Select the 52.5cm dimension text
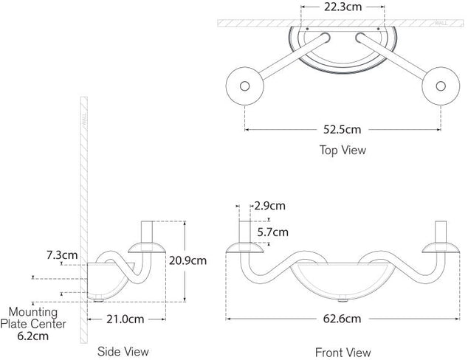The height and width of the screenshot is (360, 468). pyautogui.click(x=342, y=130)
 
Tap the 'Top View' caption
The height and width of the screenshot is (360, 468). pyautogui.click(x=343, y=150)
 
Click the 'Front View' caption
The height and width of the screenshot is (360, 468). pyautogui.click(x=343, y=353)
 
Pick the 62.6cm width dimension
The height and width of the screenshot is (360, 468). pyautogui.click(x=342, y=319)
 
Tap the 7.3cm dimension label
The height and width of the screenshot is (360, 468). pyautogui.click(x=62, y=255)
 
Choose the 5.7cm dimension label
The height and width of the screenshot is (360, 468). pyautogui.click(x=272, y=232)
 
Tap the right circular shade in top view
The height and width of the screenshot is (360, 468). pyautogui.click(x=440, y=87)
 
